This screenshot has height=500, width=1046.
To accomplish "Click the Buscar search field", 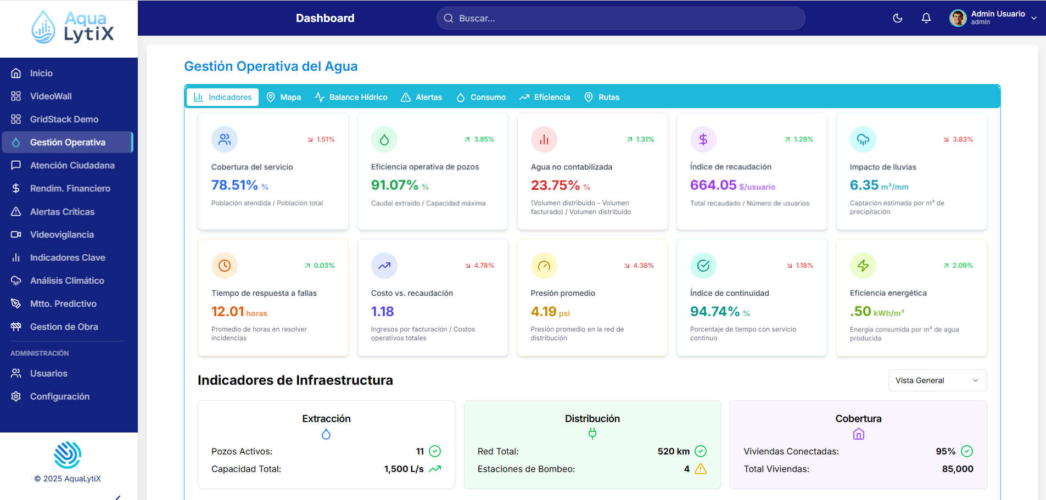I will pos(620,18).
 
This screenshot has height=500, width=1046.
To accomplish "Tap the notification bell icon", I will pos(926,18).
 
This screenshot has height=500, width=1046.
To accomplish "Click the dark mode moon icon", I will pos(898,18).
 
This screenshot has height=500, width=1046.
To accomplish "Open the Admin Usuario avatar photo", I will pos(958,18).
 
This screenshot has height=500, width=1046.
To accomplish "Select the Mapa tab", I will pos(284,97).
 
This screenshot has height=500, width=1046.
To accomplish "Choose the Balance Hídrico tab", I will pos(351,97).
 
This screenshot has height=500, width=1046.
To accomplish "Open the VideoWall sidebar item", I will pos(51,96).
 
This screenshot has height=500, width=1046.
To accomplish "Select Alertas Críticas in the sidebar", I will pos(62,211).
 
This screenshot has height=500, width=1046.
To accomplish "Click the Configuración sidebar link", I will pos(59,396).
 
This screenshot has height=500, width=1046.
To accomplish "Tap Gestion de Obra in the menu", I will pos(64,327).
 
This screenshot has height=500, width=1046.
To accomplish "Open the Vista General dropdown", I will pos(937,380).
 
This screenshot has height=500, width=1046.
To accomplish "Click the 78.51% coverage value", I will pos(234,186).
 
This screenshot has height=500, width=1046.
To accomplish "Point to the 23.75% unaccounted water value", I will pos(555,186).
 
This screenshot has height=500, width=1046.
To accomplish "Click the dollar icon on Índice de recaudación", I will pos(703,139).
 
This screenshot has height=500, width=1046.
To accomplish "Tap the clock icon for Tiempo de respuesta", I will pos(224,266).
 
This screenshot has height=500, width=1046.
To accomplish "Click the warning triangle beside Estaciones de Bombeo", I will pos(701,469).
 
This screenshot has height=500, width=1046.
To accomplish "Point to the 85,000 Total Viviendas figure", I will pos(957,469).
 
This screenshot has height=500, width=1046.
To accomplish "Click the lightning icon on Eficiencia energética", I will pos(863,266).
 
